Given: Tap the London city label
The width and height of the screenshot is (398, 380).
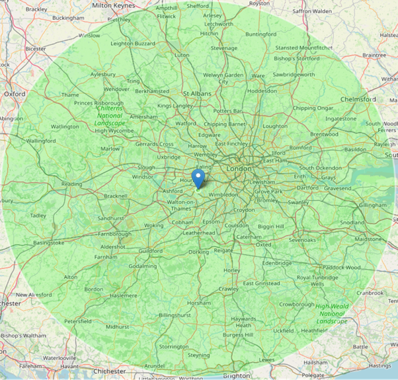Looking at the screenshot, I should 239,169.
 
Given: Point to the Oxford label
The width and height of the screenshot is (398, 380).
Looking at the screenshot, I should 15,95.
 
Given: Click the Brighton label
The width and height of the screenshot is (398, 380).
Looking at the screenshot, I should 237,375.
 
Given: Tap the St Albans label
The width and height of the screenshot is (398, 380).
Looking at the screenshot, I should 196,94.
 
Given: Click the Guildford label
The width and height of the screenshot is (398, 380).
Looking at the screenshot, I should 150,251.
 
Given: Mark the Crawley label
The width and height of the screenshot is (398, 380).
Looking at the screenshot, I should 228,289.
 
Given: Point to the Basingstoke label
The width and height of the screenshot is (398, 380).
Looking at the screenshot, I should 49,243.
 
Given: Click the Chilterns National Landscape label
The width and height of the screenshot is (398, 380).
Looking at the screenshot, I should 109,116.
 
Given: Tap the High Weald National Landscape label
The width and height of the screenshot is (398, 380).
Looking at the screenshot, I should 331,314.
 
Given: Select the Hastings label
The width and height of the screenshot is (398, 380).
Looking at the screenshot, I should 379,365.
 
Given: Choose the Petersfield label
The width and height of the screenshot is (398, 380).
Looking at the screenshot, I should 77,321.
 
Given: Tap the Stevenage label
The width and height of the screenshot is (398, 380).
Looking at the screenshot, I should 223,48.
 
